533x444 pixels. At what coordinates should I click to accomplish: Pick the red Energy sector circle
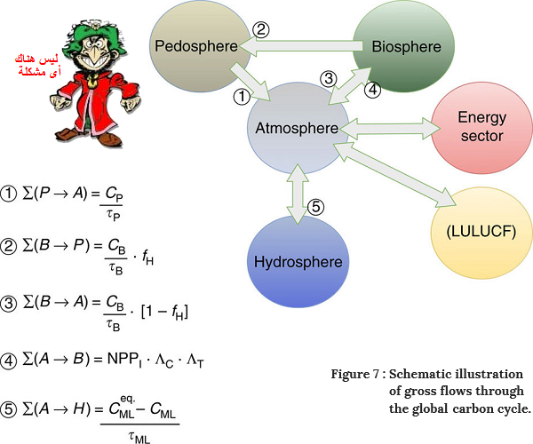point(480,126)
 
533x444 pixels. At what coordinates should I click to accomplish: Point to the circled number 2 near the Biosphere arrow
point(259,29)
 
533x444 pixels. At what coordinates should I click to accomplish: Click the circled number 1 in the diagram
point(239,93)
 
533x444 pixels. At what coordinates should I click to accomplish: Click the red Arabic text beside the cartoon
point(32,64)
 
